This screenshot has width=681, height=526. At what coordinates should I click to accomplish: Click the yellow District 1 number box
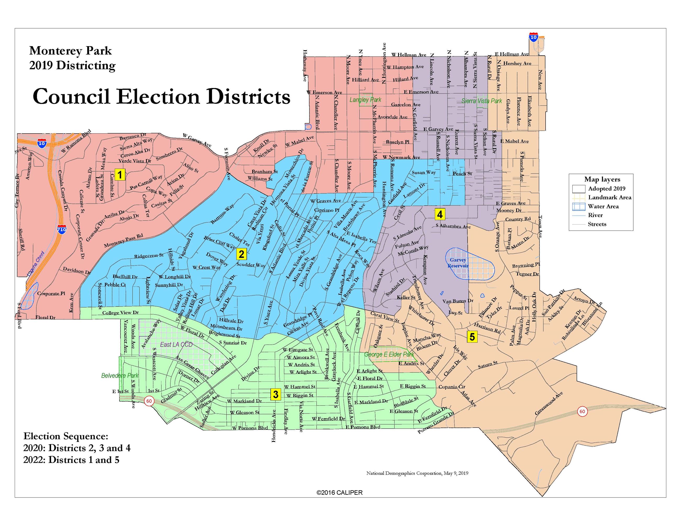coord(120,174)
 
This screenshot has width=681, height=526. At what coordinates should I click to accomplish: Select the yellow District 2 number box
coord(241,254)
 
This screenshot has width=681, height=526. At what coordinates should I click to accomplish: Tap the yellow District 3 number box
coord(275,394)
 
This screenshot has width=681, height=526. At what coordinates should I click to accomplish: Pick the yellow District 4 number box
coord(440,214)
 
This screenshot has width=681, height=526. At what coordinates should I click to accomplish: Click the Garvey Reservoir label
coord(458,263)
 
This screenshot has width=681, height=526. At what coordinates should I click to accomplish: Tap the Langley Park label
coord(365,100)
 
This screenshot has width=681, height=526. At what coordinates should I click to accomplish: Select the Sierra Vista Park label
coord(481,101)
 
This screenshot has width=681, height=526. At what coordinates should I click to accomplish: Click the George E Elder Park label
coord(389,354)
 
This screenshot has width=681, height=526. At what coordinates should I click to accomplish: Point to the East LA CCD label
coord(176,344)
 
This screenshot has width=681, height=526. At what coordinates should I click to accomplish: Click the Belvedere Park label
coord(120,375)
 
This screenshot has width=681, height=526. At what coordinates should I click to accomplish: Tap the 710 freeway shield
coord(62,230)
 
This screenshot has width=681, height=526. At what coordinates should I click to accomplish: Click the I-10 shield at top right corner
coord(534,37)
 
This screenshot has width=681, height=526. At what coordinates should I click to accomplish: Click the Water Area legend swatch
coord(578,206)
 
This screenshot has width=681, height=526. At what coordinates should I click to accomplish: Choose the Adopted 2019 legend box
coord(578,189)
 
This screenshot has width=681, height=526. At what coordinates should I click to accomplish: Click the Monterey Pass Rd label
coord(123,241)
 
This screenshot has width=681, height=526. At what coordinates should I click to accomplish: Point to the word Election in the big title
coord(158,97)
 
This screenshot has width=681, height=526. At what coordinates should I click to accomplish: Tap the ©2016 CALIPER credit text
coord(339,493)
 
